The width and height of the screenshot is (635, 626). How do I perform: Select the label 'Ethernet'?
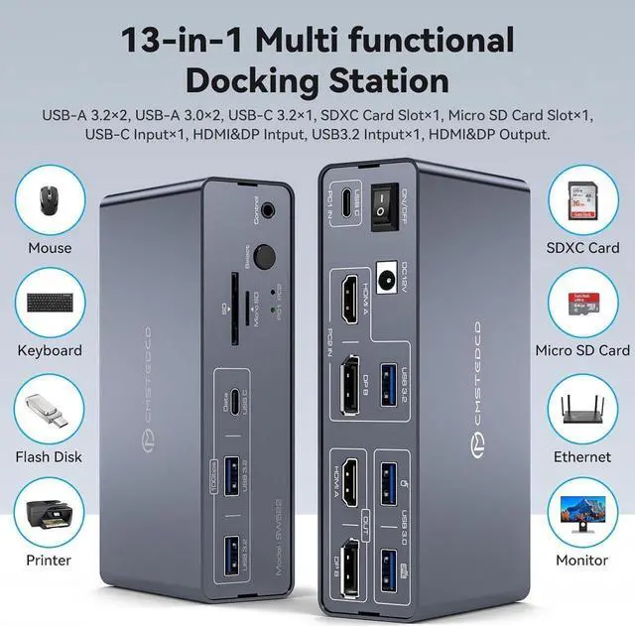tap(583, 457)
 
